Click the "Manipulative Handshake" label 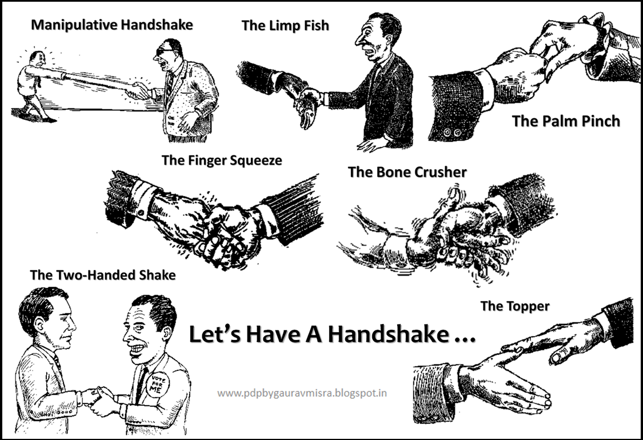click(x=112, y=25)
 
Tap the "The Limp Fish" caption click(x=285, y=25)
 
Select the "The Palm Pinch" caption click(x=566, y=121)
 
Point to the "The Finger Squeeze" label click(x=222, y=161)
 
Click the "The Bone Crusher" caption click(x=408, y=172)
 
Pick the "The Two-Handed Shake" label click(x=103, y=275)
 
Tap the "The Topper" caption click(x=514, y=306)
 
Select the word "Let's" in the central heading click(x=215, y=335)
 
